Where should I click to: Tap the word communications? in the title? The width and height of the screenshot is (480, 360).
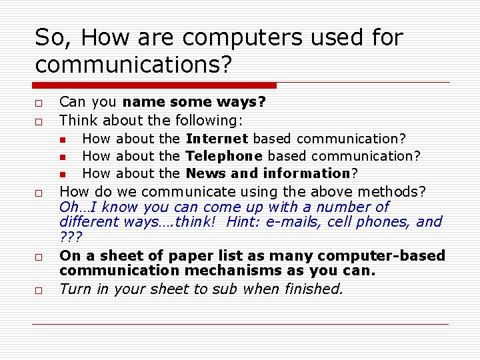pyautogui.click(x=133, y=65)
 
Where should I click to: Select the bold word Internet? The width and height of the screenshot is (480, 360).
pyautogui.click(x=217, y=139)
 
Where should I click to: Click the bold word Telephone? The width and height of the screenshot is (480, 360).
pyautogui.click(x=223, y=156)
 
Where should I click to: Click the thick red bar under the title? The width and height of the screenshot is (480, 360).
pyautogui.click(x=155, y=85)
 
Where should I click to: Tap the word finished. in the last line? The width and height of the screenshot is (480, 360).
pyautogui.click(x=315, y=289)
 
